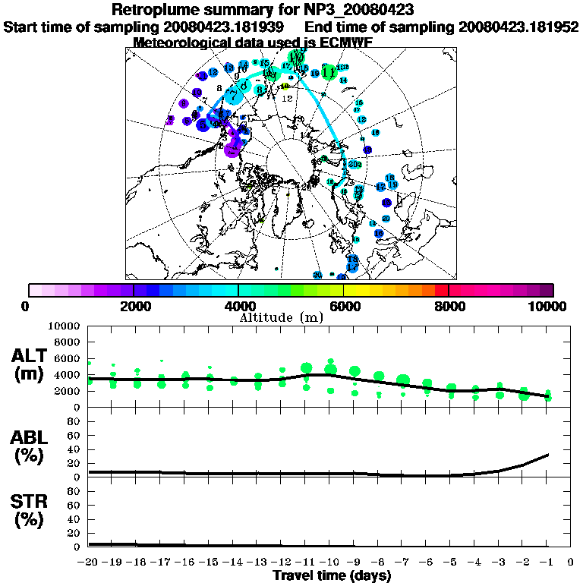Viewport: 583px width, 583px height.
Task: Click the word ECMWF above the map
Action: point(345,43)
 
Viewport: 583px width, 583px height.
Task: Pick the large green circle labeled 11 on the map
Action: point(329,72)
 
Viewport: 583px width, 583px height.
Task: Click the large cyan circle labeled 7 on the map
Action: point(232,96)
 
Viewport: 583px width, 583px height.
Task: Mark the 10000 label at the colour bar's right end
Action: point(549,306)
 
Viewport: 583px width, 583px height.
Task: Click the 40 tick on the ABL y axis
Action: point(75,449)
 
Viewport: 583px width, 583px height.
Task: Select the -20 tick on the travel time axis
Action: point(89,562)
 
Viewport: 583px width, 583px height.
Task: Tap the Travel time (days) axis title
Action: point(332,576)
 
